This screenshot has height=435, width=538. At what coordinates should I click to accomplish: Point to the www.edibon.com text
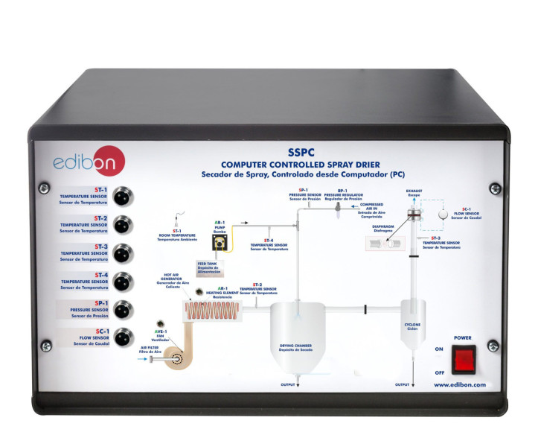[x=459, y=385]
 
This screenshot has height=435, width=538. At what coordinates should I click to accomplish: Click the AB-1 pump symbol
[x=220, y=241]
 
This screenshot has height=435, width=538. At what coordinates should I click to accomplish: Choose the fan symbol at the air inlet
[x=179, y=360]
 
